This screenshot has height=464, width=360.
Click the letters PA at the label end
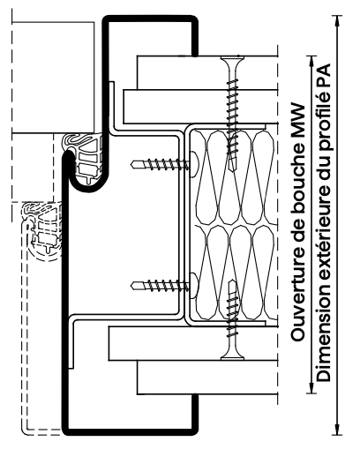[323, 75]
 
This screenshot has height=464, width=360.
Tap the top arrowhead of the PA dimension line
[336, 21]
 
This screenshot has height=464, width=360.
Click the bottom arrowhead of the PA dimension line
[336, 429]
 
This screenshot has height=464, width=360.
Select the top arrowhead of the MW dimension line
[311, 62]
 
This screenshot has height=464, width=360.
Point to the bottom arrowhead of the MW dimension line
[311, 387]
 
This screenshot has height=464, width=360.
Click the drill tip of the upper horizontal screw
[134, 164]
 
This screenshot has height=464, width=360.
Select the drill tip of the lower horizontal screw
[134, 285]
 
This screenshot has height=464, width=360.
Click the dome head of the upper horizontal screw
[194, 165]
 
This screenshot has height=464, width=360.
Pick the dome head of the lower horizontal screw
[194, 285]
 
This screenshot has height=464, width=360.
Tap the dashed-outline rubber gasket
[43, 229]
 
